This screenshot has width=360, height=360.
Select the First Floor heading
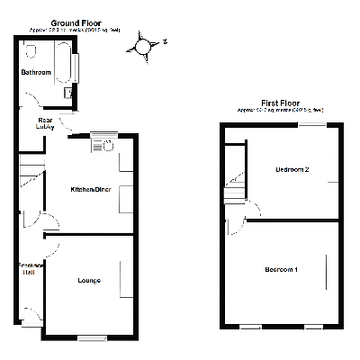point(280,103)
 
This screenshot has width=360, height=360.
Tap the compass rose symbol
point(144,43)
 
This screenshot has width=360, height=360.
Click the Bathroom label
point(36,71)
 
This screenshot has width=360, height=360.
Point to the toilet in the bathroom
point(31,52)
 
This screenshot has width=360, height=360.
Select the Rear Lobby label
point(46,122)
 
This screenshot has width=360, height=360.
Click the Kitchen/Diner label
point(91,190)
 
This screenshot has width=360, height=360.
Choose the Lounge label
point(88,281)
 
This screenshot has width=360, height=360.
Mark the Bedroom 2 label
point(292,169)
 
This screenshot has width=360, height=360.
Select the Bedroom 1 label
point(282,269)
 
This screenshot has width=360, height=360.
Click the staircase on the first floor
point(235,187)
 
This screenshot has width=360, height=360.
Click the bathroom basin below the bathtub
point(69,92)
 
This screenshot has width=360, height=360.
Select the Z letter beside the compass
point(166,40)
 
